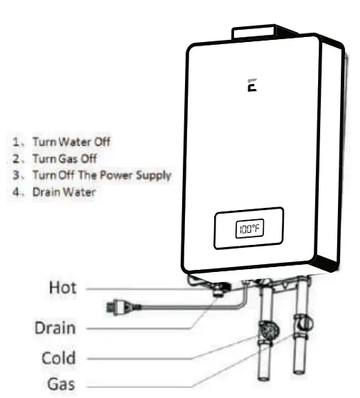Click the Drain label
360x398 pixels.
click(56, 328)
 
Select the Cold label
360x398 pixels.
click(57, 357)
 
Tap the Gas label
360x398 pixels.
click(60, 384)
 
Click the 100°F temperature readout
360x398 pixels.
click(249, 229)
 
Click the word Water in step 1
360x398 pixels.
click(75, 142)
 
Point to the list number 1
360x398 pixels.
click(16, 142)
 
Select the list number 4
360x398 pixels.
click(16, 192)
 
